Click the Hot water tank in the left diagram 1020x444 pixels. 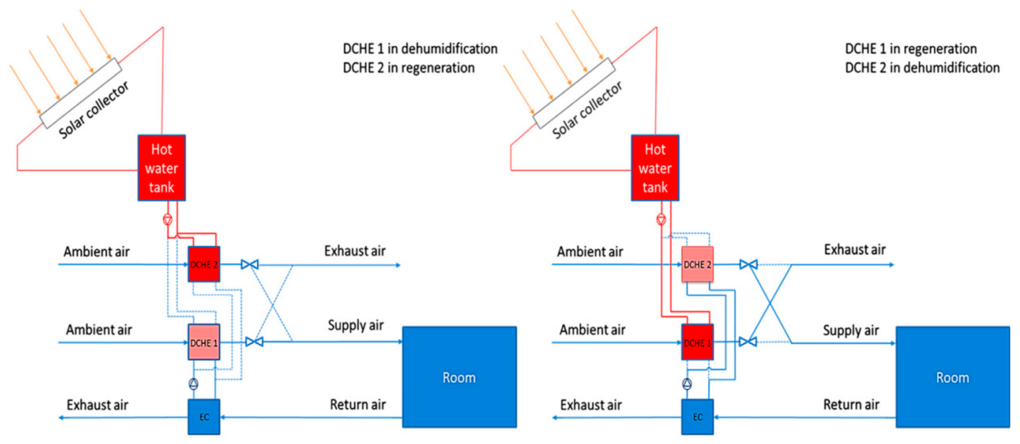click(x=162, y=168)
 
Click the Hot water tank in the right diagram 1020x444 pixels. click(x=655, y=168)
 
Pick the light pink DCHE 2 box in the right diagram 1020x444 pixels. click(x=697, y=264)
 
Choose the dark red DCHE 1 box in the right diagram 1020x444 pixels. click(x=697, y=342)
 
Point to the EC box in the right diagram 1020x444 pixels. click(x=697, y=417)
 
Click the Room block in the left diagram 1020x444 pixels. click(x=459, y=377)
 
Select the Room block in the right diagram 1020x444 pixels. click(x=953, y=377)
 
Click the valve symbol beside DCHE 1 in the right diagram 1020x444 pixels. click(x=748, y=342)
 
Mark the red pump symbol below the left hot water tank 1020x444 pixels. click(x=168, y=219)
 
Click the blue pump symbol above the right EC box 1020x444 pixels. click(x=687, y=383)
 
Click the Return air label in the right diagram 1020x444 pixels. click(x=851, y=404)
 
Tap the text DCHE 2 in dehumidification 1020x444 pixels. click(x=922, y=68)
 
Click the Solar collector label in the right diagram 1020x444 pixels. click(x=587, y=110)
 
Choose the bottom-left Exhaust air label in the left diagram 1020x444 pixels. click(x=97, y=405)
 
